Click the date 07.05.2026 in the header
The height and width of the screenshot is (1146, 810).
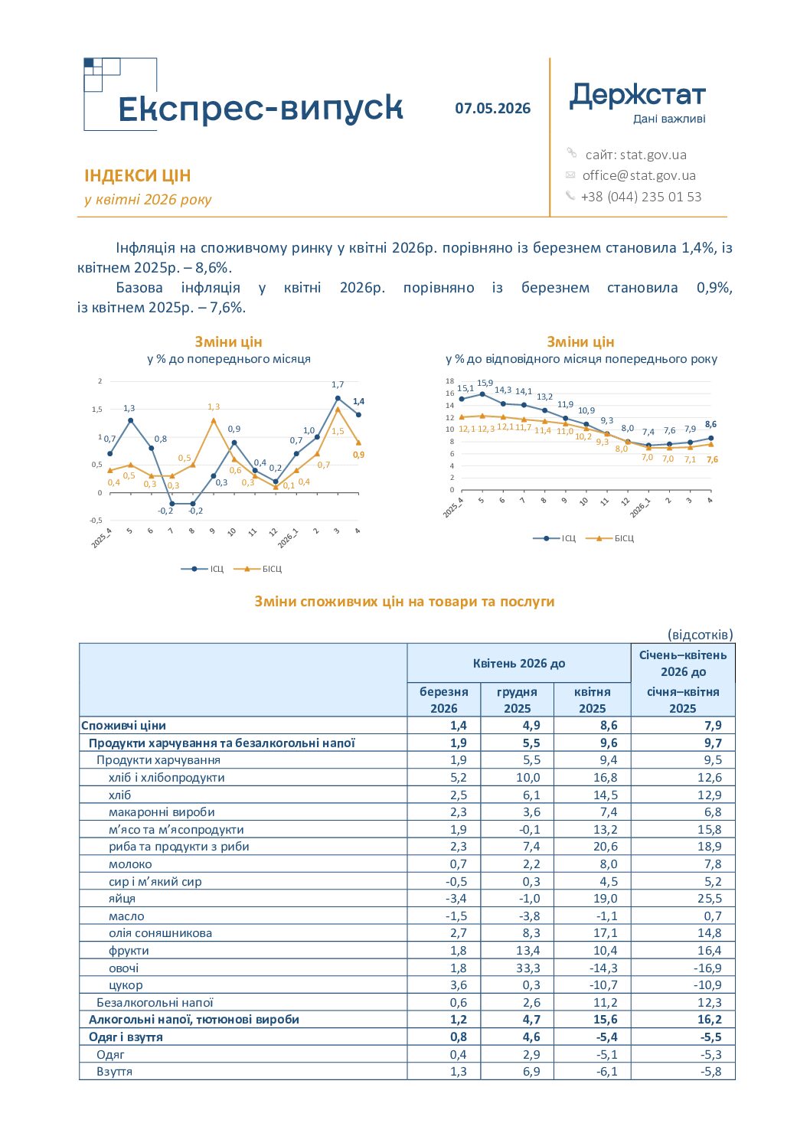[x=492, y=109]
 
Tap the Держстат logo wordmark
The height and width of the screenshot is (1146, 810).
[x=637, y=96]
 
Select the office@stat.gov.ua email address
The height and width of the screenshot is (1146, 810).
[x=639, y=175]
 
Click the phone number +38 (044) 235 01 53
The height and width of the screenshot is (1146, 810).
[x=641, y=197]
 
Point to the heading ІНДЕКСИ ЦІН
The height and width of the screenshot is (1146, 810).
[x=137, y=176]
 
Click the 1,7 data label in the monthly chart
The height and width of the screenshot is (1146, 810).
[x=337, y=384]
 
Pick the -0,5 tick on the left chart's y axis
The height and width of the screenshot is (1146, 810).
[x=96, y=521]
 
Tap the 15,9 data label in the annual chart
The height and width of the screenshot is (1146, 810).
[x=485, y=383]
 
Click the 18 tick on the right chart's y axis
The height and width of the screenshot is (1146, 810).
[x=449, y=380]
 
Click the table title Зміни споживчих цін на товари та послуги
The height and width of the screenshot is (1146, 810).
[x=404, y=601]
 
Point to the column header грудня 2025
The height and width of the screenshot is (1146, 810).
[x=517, y=700]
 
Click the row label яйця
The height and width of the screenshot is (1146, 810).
[x=122, y=899]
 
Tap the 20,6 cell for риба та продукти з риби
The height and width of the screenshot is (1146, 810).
[x=606, y=847]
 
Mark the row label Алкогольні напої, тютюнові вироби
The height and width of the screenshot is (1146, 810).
[x=194, y=1020]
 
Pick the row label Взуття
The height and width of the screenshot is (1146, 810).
[x=114, y=1071]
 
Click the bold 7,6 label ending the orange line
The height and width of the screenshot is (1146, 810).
[x=712, y=459]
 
